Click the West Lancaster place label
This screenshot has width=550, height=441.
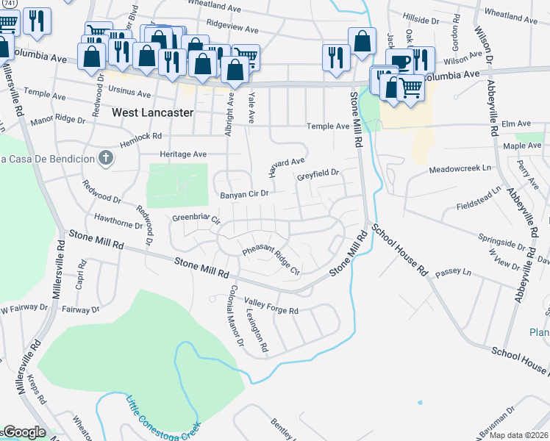click(153, 113)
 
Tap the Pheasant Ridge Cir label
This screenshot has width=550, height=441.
click(271, 261)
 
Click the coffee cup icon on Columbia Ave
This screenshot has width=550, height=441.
click(401, 62)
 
